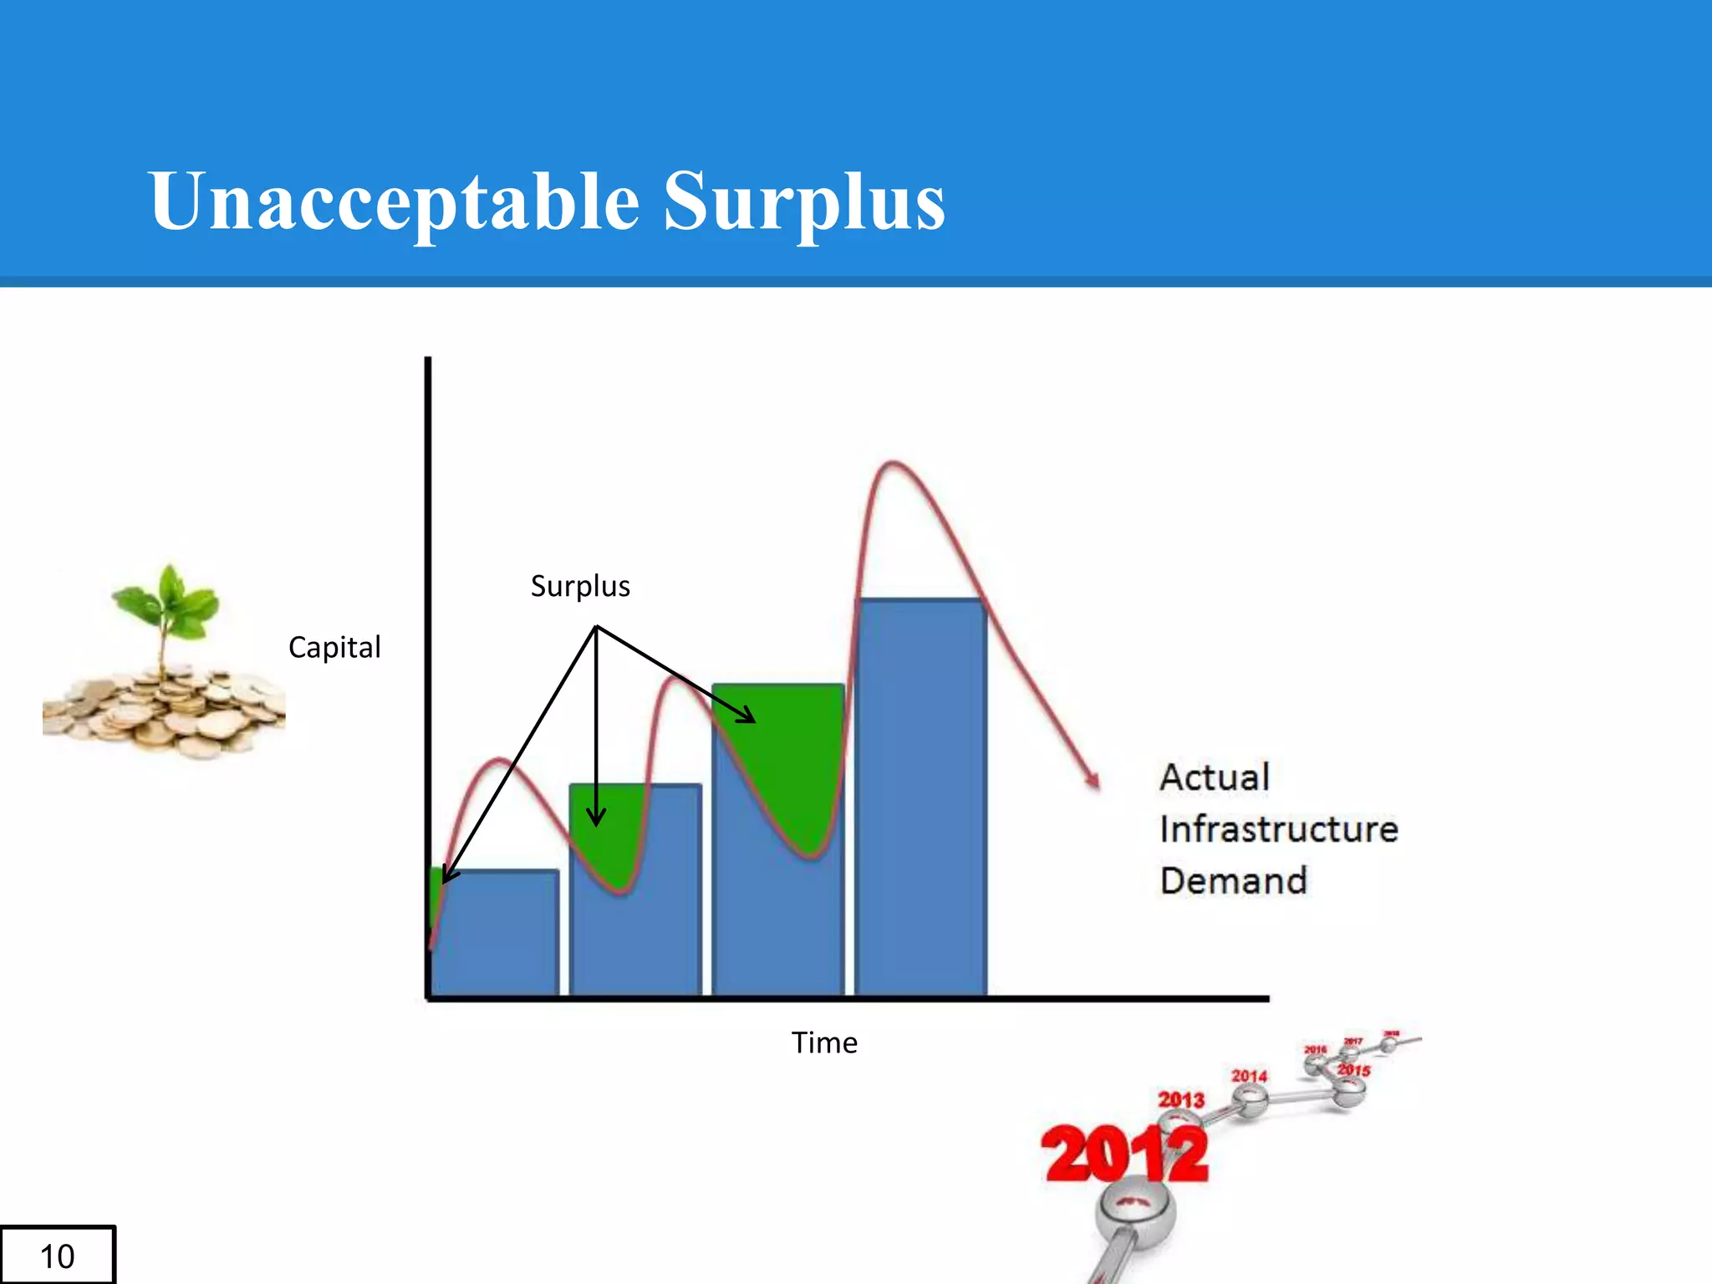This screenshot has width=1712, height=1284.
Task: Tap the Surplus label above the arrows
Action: (580, 586)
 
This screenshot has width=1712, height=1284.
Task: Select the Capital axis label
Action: (334, 647)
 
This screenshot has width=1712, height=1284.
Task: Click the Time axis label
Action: (824, 1042)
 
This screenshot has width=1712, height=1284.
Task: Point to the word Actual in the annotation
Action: (1215, 777)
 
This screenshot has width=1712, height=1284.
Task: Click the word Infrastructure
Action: (1278, 829)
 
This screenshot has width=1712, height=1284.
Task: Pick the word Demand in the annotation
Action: (1233, 881)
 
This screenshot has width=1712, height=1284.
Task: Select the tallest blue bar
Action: (920, 802)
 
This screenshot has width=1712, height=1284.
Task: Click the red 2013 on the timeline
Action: (1180, 1099)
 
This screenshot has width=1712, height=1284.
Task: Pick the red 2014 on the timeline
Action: (1249, 1076)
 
